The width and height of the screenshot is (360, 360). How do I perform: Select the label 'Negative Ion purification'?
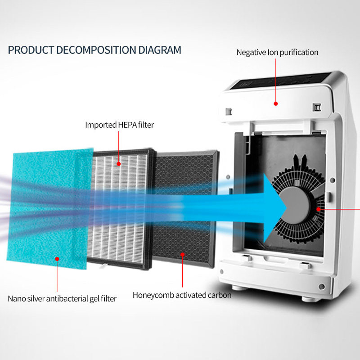click(x=277, y=52)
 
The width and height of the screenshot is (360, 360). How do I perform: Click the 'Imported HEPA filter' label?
click(x=119, y=125)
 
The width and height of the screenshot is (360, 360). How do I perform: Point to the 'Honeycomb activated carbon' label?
click(x=182, y=295)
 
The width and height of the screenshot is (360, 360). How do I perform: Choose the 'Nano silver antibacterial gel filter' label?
click(x=62, y=298)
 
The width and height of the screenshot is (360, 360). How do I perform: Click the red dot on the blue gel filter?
click(x=57, y=258)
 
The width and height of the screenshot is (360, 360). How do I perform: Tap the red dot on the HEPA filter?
click(x=119, y=164)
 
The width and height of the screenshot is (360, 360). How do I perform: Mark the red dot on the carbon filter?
click(x=182, y=254)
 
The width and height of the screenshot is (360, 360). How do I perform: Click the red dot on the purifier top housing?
click(x=276, y=103)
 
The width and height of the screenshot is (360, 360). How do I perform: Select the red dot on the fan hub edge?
click(x=318, y=209)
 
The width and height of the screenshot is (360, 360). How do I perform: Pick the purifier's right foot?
click(x=310, y=297)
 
